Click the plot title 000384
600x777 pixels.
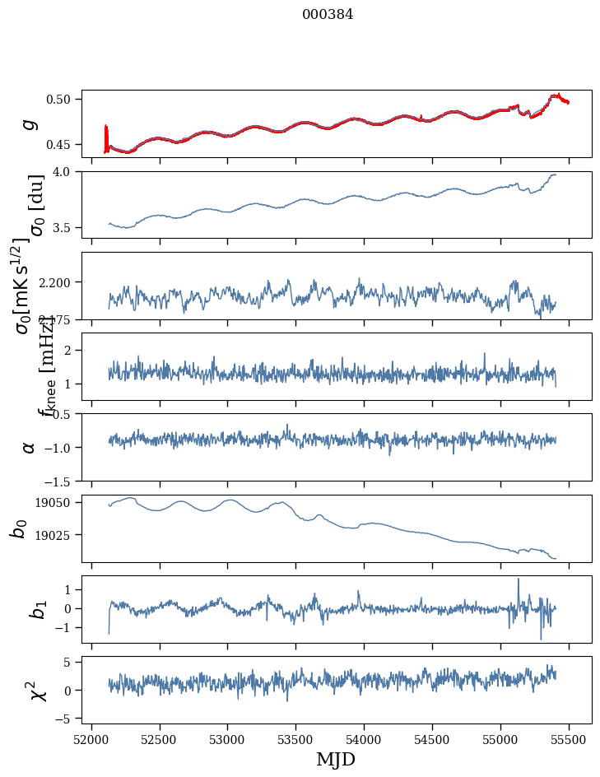click(x=328, y=14)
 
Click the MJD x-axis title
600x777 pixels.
click(x=336, y=760)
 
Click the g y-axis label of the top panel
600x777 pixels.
click(x=30, y=123)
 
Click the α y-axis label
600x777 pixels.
click(x=30, y=447)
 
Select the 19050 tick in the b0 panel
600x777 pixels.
click(x=58, y=502)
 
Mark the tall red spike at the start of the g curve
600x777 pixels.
click(x=106, y=136)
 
